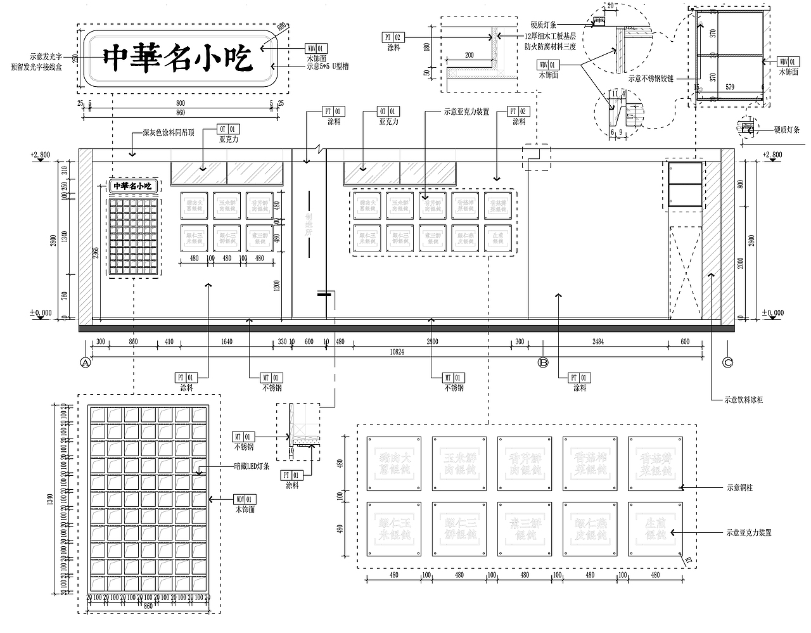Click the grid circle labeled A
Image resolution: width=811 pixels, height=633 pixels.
point(86,362)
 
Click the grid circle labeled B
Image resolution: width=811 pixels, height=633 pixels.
point(542,362)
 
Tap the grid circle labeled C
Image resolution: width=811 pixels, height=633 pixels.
point(728,362)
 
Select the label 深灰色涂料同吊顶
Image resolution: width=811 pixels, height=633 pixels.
point(168,134)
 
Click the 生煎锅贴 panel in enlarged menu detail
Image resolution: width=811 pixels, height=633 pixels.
point(655,529)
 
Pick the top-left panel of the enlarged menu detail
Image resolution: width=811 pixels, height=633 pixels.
point(393,463)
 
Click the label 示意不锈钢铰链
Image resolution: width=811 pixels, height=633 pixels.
point(650,79)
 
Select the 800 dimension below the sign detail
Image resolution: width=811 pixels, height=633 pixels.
point(181,103)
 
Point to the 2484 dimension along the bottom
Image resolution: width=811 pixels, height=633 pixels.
point(606,342)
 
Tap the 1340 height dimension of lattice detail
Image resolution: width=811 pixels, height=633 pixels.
point(51,501)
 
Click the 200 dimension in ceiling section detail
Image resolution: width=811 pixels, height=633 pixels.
point(469,55)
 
